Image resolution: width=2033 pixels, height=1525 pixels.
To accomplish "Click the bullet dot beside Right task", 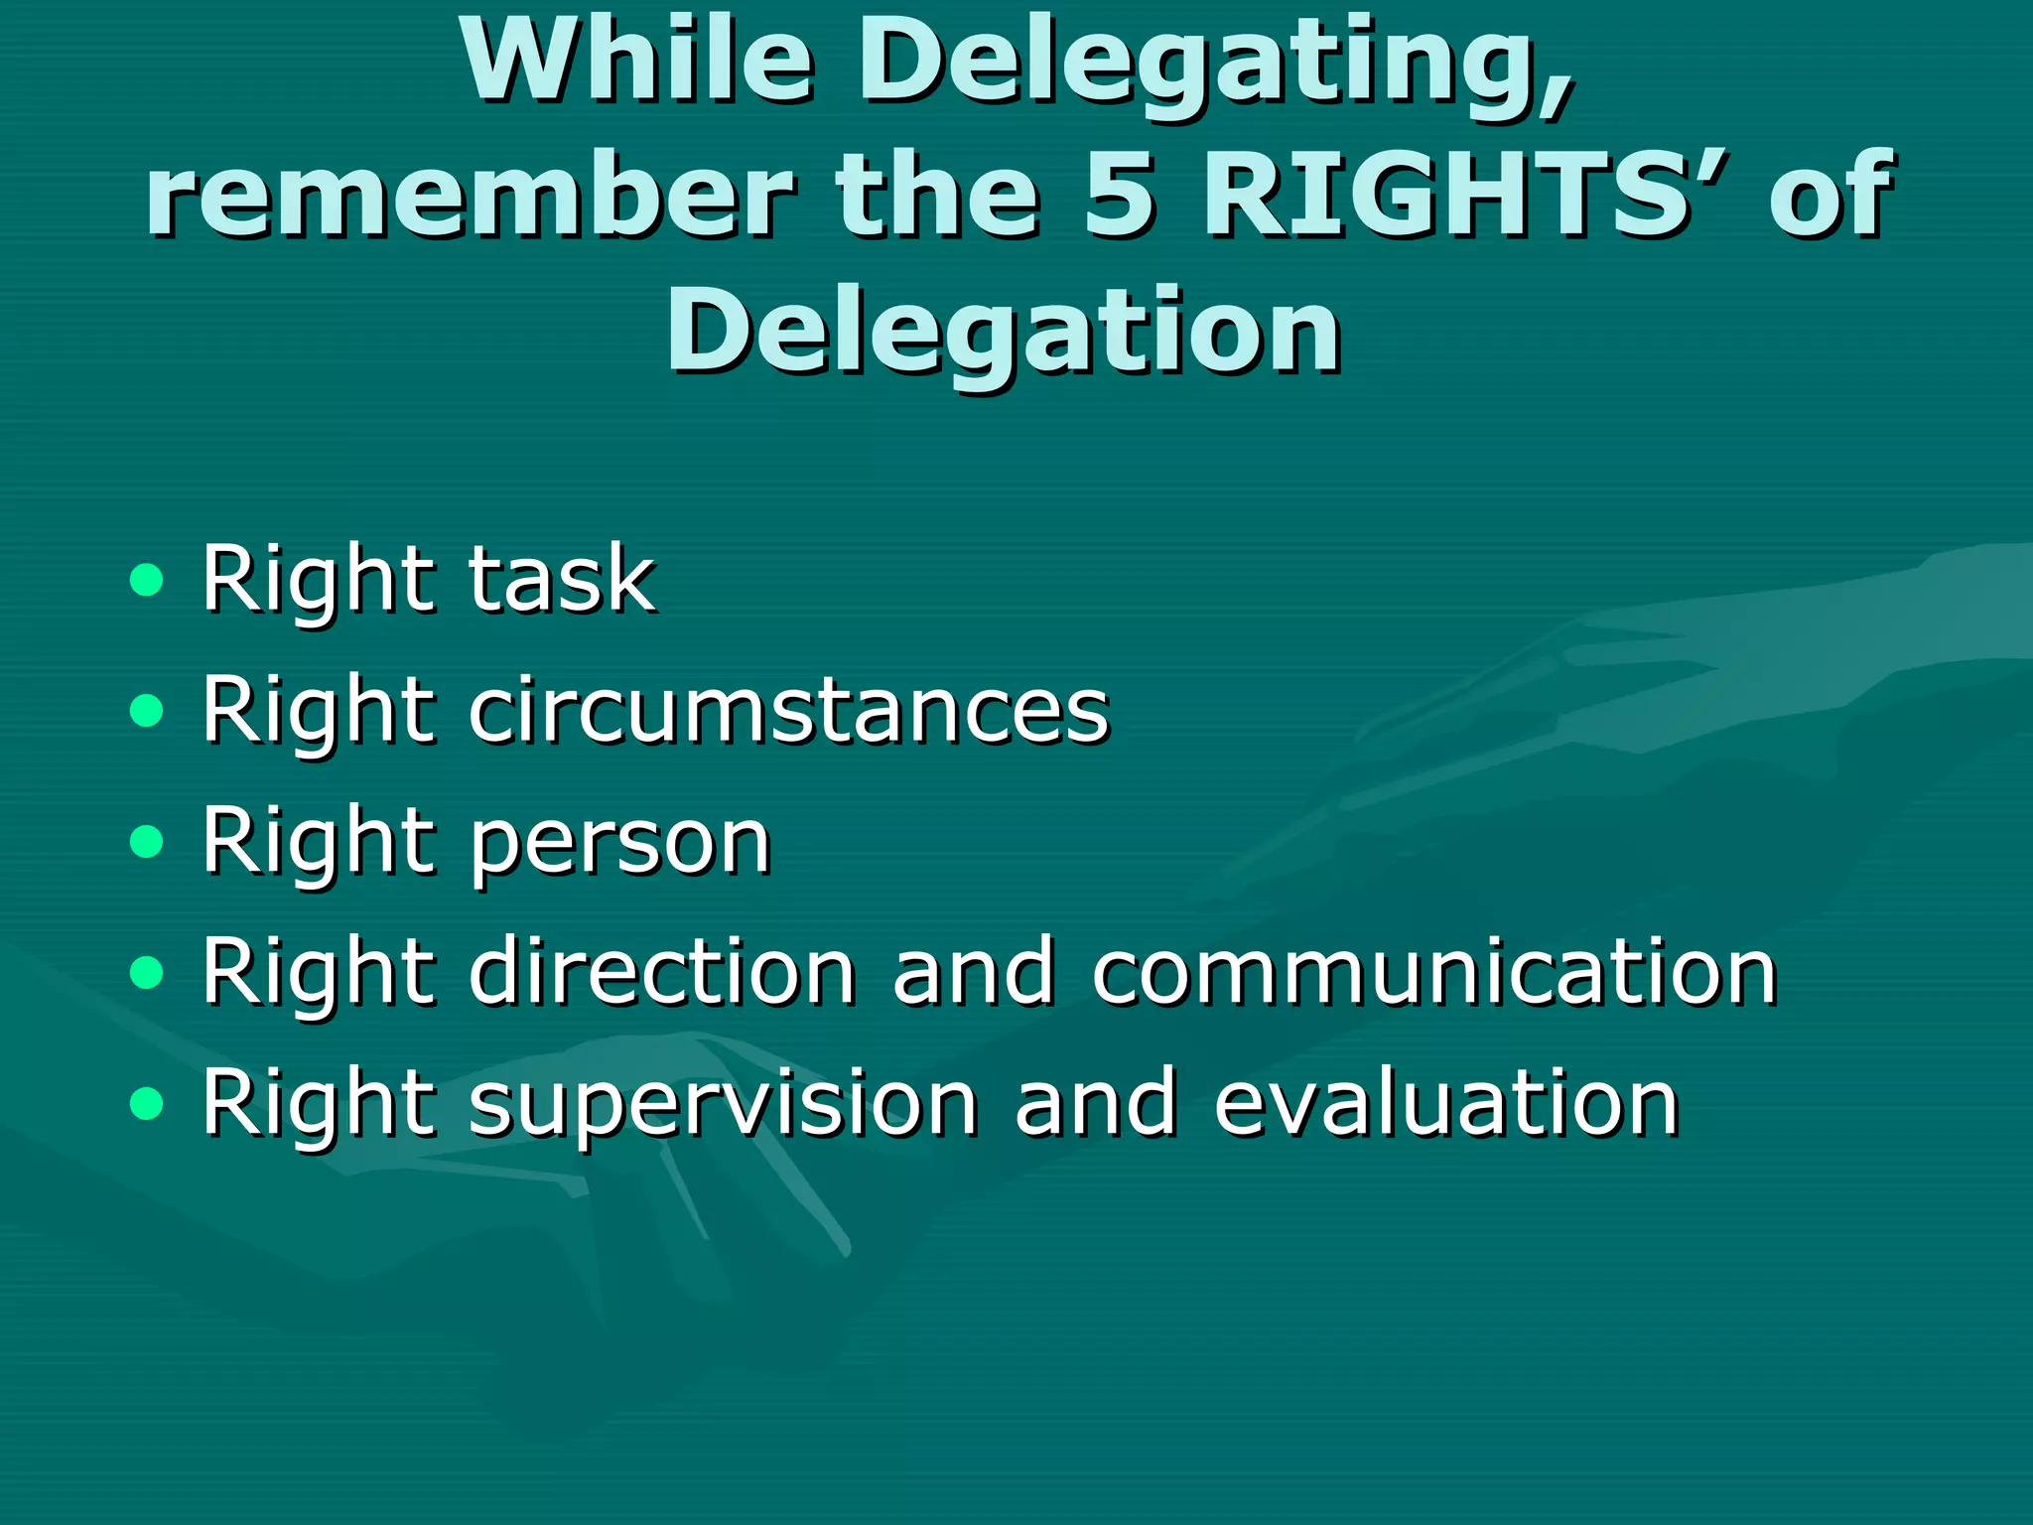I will pyautogui.click(x=146, y=579).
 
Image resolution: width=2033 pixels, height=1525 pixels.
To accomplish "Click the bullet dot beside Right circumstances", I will pyautogui.click(x=146, y=710).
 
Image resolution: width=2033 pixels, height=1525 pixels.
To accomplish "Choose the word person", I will pyautogui.click(x=620, y=844).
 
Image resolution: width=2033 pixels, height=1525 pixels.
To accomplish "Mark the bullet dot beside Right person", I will pyautogui.click(x=146, y=842).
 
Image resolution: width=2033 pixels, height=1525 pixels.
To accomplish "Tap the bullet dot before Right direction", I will pyautogui.click(x=146, y=973).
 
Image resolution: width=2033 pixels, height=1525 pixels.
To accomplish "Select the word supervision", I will pyautogui.click(x=724, y=1106).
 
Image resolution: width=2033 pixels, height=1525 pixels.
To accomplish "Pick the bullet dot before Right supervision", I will pyautogui.click(x=146, y=1104).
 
